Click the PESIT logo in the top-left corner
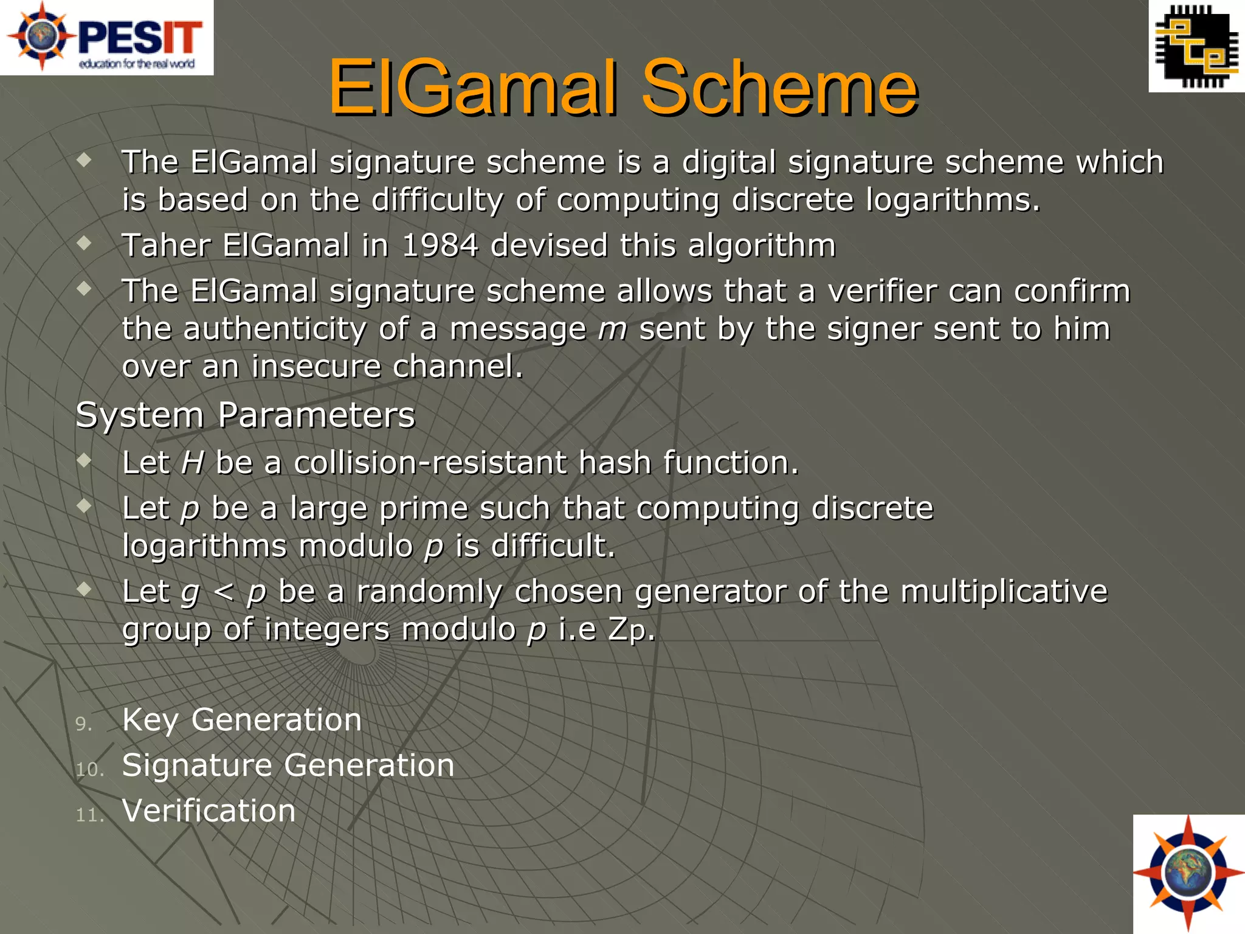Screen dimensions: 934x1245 pos(106,37)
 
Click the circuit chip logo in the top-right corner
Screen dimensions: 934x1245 pos(1196,46)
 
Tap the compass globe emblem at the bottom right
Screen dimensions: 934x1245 pos(1188,874)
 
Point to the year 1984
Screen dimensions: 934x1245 pos(440,246)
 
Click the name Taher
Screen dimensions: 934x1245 pos(165,246)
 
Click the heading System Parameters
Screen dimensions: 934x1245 pos(245,415)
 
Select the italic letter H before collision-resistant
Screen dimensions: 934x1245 pos(192,463)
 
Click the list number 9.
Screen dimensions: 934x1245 pos(83,724)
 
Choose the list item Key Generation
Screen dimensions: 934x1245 pos(242,720)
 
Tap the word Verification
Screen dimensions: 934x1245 pos(209,811)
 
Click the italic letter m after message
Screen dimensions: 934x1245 pos(612,330)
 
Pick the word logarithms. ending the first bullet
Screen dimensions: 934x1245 pos(953,200)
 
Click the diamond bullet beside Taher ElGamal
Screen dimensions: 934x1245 pos(84,243)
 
